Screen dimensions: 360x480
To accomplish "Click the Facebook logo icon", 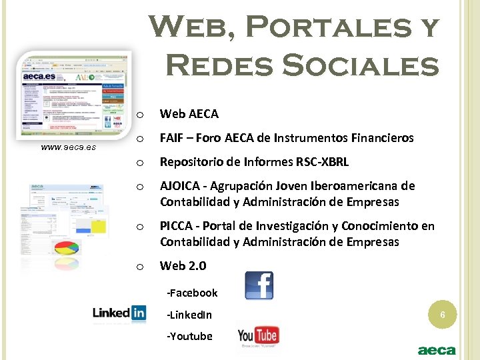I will tap(259, 285).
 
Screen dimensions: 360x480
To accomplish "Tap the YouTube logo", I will tap(257, 336).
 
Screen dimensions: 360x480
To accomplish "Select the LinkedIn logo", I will tap(119, 313).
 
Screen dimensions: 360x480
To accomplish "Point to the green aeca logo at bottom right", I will tap(437, 350).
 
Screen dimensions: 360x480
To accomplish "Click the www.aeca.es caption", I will tap(68, 146).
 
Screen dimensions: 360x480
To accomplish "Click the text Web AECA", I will tap(189, 114).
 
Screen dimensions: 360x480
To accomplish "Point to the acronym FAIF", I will tap(171, 138).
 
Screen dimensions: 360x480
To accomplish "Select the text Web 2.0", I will tap(183, 266).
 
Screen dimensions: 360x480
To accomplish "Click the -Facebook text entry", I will tap(192, 293).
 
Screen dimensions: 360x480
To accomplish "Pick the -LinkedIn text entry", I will tap(189, 315).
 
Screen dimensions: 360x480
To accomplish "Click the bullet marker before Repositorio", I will tap(140, 163).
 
